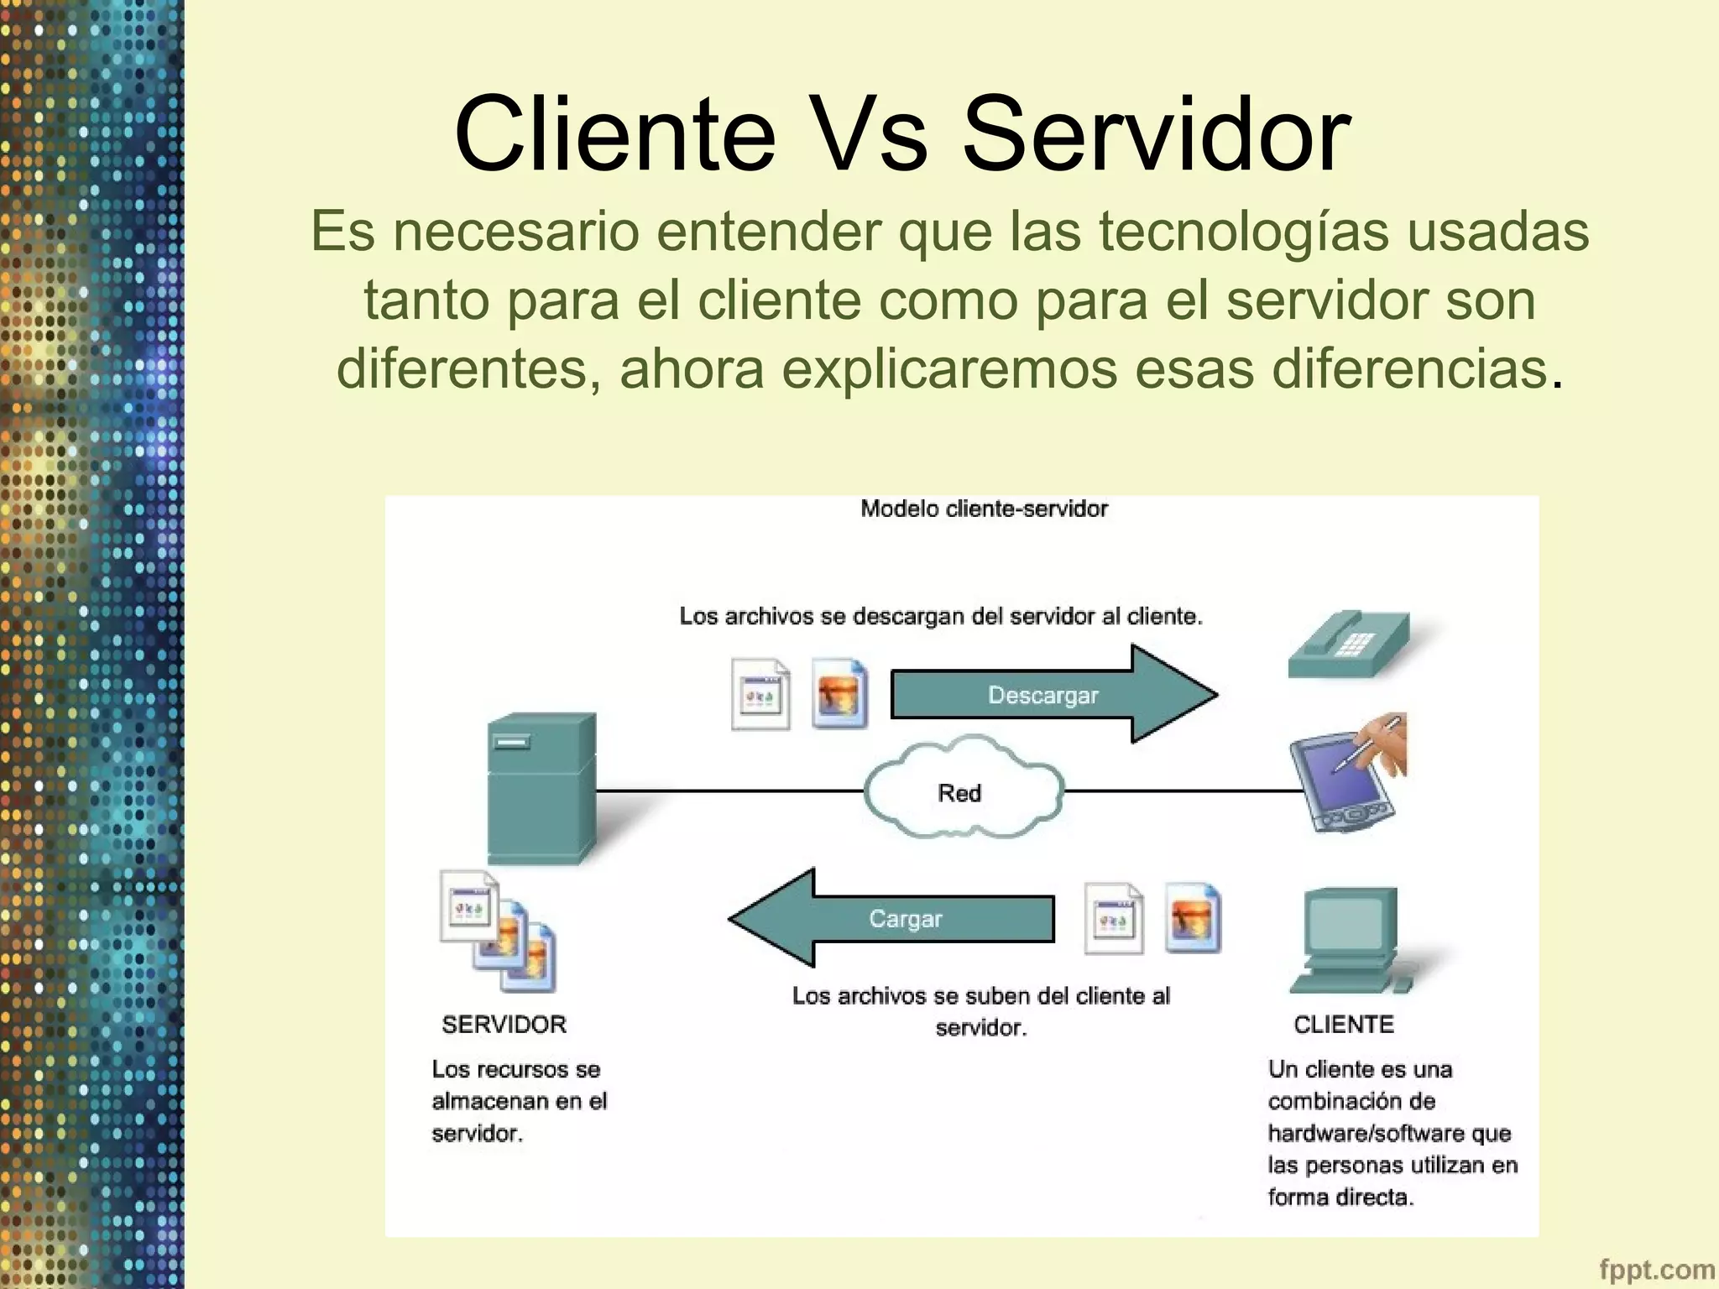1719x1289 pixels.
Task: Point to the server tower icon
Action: point(541,789)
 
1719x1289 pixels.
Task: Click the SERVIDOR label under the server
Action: point(504,1025)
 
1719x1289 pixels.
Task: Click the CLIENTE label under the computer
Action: point(1343,1025)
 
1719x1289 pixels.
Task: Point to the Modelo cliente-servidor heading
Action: point(984,509)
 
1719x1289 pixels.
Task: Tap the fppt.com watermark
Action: point(1656,1270)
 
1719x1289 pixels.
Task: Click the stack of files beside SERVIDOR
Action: point(498,932)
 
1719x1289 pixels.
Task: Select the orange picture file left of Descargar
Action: point(839,694)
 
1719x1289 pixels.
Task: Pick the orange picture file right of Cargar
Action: point(1193,918)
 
